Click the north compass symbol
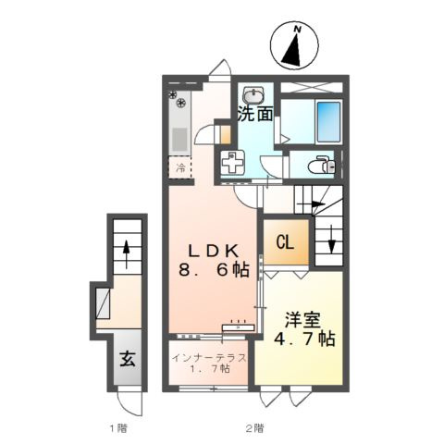coord(294,44)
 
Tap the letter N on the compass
coord(298,30)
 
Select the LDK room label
coord(214,252)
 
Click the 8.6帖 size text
coord(214,270)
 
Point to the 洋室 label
coord(302,321)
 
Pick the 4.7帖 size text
coord(304,339)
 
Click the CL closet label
coord(285,243)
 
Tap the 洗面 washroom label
coord(255,115)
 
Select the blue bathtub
coord(328,121)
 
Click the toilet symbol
coord(322,166)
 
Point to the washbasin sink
coord(253,94)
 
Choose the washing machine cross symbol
coord(233,162)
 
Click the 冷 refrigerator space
coord(180,168)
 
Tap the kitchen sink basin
coord(179,140)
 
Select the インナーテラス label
coord(209,358)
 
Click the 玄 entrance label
coord(128,359)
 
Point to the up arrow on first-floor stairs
coord(126,254)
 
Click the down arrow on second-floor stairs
coord(331,240)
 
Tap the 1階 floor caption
coord(118,428)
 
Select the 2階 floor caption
coord(254,428)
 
